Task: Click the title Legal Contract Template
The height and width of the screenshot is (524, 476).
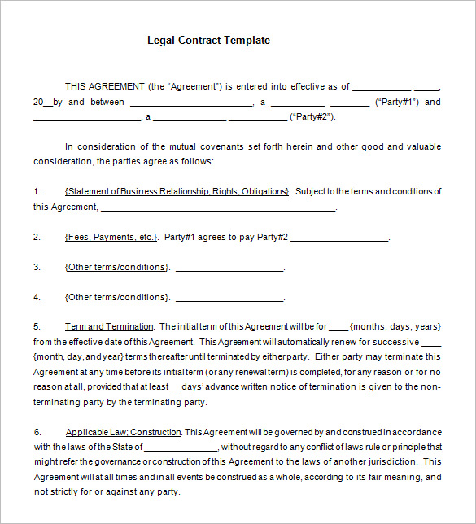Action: point(208,40)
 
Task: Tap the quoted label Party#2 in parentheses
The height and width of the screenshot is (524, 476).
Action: point(312,117)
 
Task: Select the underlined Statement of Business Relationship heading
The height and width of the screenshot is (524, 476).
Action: point(177,191)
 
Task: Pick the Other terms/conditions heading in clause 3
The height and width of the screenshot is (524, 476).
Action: point(117,267)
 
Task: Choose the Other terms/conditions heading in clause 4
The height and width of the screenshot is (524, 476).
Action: point(117,297)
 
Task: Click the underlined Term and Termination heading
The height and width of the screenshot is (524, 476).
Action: point(110,326)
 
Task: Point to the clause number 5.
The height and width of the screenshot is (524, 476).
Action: point(37,326)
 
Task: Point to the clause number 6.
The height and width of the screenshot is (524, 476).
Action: point(37,432)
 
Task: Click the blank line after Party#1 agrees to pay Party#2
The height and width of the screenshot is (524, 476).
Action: point(339,238)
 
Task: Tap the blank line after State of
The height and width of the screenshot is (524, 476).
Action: point(181,448)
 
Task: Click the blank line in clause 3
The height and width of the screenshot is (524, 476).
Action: point(229,269)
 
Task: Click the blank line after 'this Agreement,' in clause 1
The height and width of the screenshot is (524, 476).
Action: point(217,208)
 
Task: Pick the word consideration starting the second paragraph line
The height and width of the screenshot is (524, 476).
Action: point(63,162)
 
